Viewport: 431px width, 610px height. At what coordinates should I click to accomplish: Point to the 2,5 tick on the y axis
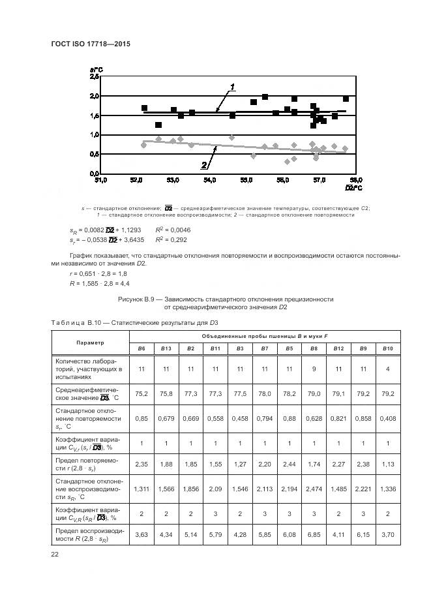click(94, 77)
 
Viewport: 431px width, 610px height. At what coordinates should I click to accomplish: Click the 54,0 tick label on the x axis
click(209, 179)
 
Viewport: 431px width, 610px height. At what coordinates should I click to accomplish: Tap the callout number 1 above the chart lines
click(233, 86)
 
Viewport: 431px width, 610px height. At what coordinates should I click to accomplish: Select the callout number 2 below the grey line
click(203, 165)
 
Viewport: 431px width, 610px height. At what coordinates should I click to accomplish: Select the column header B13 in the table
click(166, 348)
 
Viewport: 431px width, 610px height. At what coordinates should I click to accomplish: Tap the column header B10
click(387, 348)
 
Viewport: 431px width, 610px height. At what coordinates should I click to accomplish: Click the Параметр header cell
click(89, 343)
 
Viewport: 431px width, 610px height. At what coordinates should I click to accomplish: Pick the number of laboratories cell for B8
click(314, 369)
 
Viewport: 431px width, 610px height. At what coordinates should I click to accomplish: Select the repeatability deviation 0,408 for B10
click(387, 418)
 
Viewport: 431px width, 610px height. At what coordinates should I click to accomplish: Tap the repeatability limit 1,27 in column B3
click(240, 466)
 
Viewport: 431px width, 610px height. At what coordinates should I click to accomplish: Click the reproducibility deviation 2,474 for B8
click(314, 489)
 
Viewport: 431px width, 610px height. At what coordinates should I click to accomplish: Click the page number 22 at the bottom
click(55, 555)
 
